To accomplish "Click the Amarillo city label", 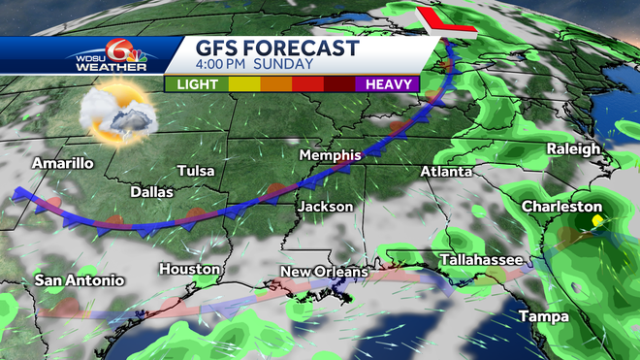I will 63,163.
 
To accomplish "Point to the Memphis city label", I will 330,155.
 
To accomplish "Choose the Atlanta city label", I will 446,172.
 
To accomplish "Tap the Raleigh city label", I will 574,148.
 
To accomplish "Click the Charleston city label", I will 561,207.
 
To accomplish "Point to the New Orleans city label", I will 324,272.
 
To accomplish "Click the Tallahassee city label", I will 481,260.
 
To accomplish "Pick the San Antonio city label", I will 80,280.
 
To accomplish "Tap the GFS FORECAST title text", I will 277,48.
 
